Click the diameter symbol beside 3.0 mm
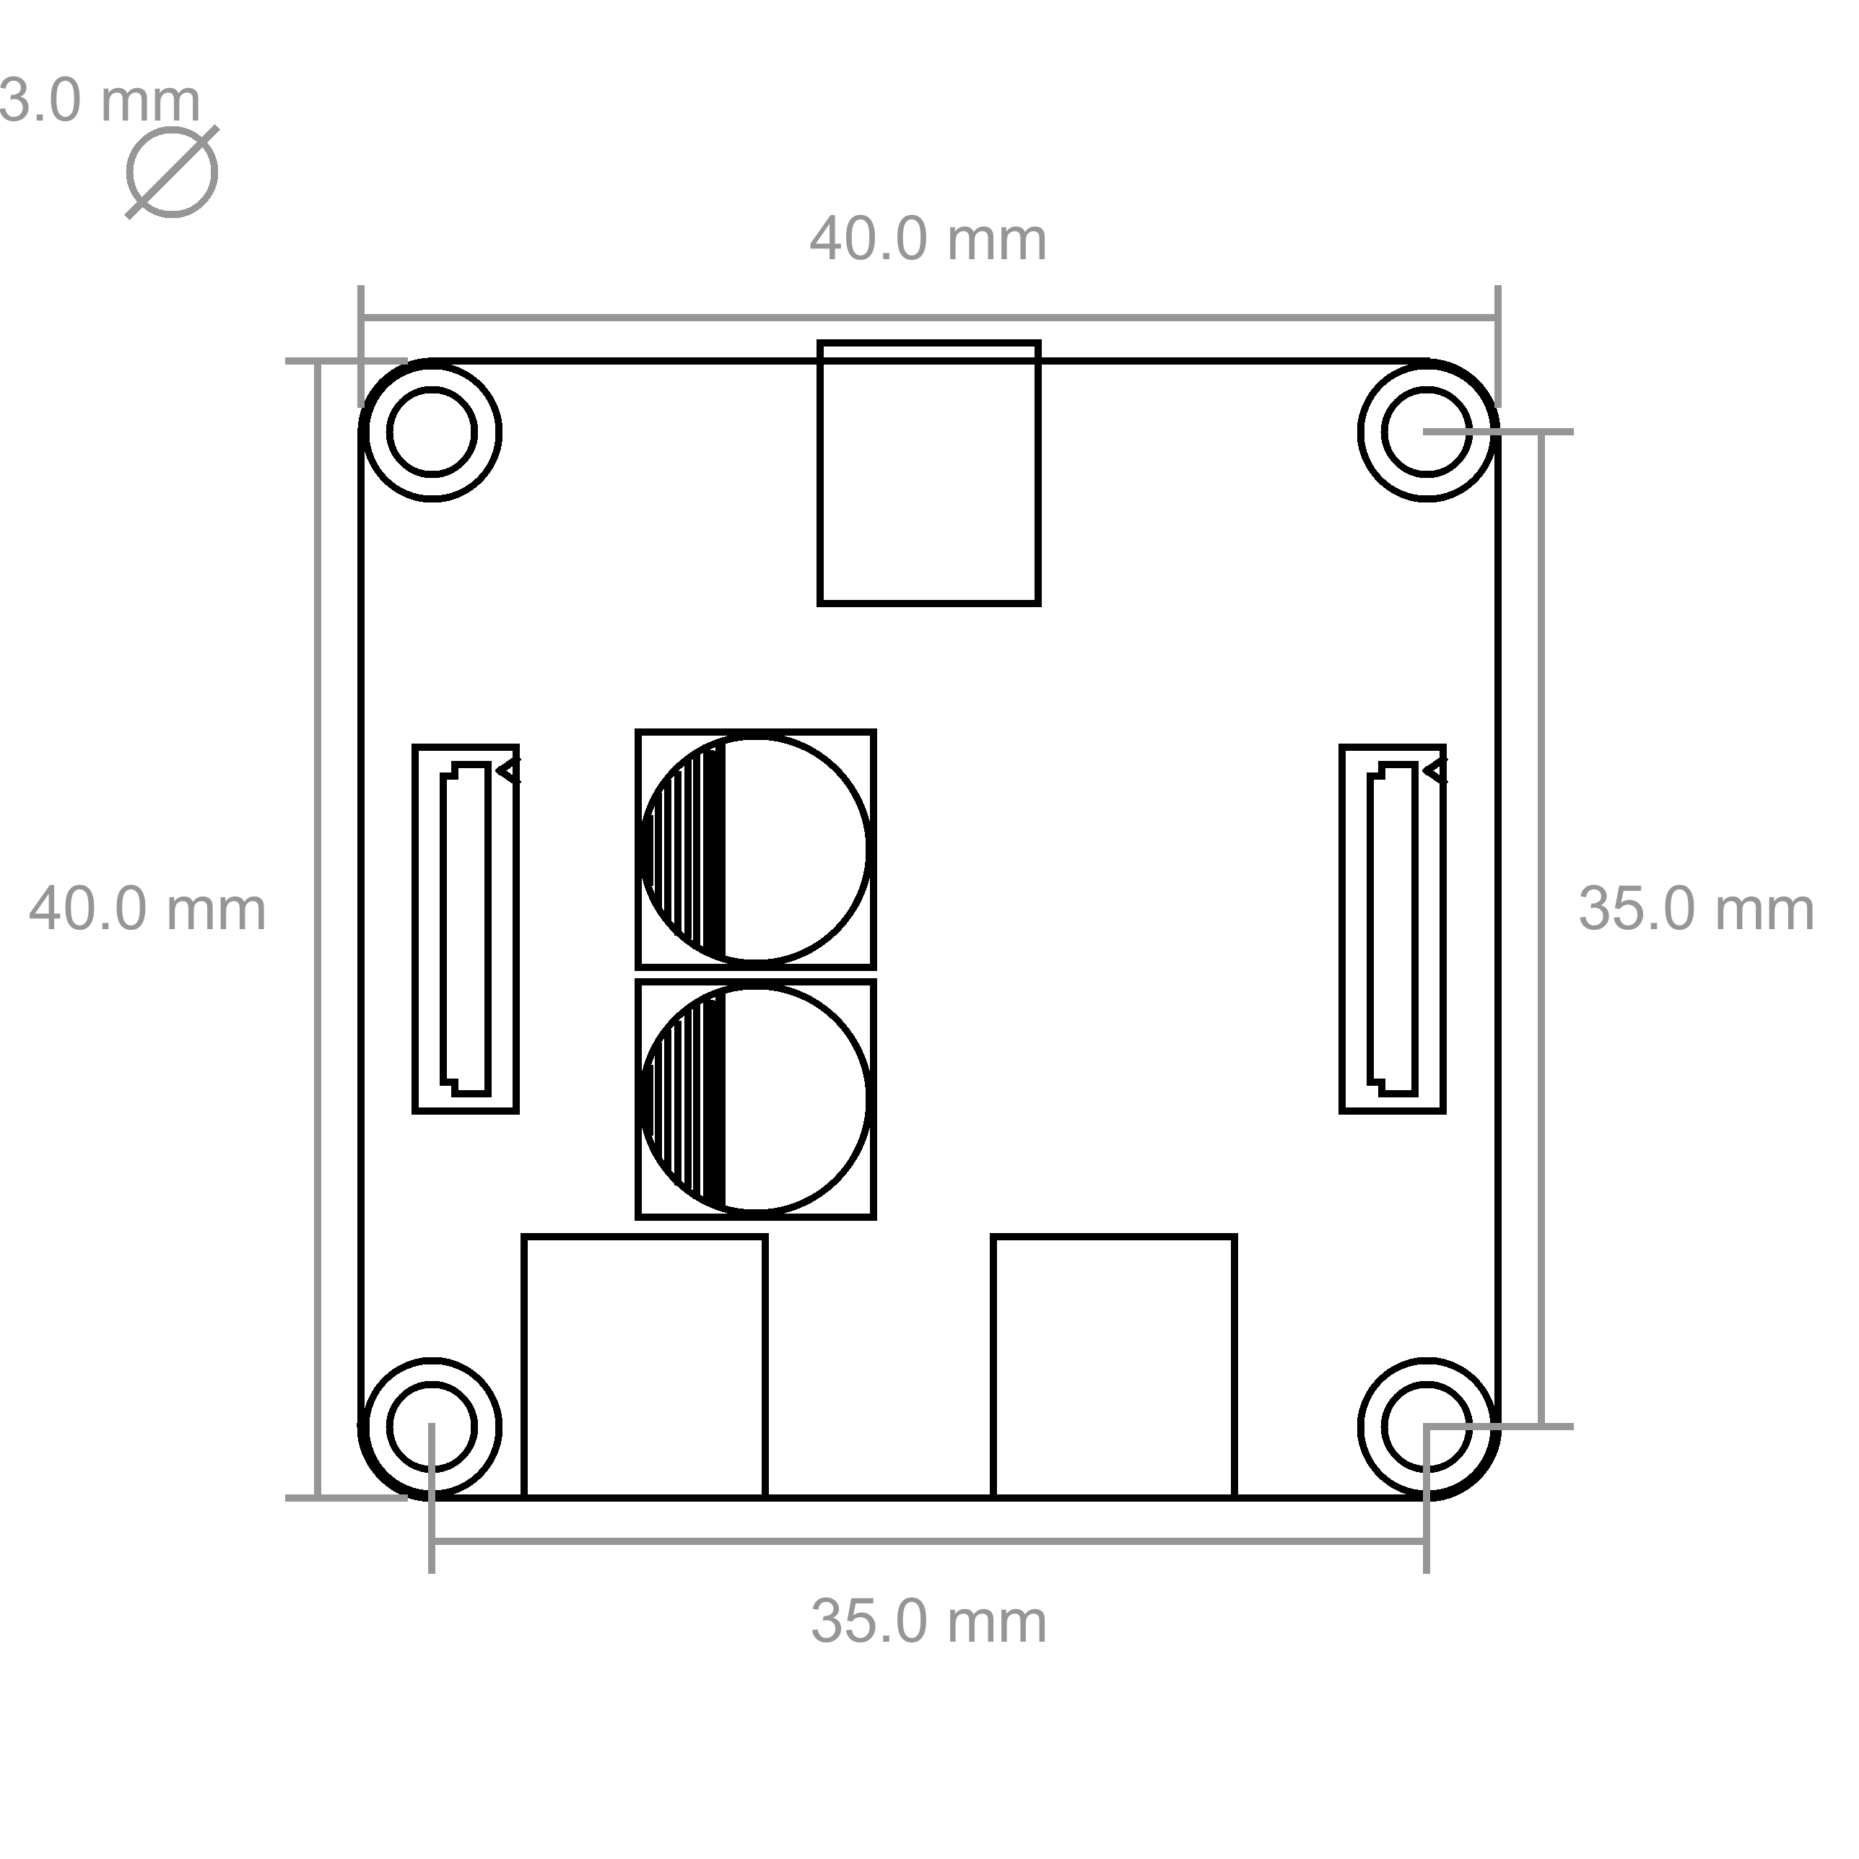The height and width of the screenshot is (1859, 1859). pyautogui.click(x=173, y=173)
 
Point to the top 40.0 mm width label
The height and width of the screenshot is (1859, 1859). pyautogui.click(x=928, y=239)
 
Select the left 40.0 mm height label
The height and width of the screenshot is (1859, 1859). pyautogui.click(x=147, y=910)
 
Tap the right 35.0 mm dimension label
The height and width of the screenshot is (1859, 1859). pyautogui.click(x=1697, y=910)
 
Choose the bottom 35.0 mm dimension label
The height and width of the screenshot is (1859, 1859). pyautogui.click(x=928, y=1621)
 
